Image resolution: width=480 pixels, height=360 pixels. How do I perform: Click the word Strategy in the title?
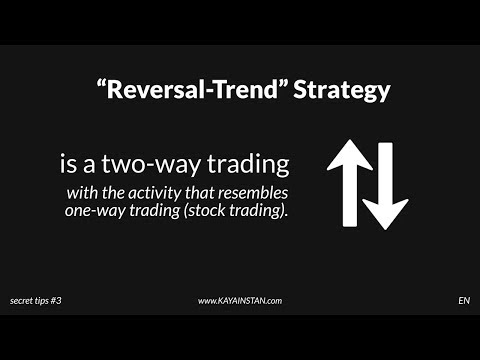click(344, 90)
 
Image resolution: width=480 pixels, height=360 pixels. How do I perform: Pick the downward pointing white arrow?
click(386, 185)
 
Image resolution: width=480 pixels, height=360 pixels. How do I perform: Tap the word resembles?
click(247, 191)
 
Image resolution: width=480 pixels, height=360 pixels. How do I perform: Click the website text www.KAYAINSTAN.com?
click(239, 300)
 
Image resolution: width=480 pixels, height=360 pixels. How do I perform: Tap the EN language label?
click(464, 300)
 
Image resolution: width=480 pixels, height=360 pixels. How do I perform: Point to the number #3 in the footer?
click(67, 300)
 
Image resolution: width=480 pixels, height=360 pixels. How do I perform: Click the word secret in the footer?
click(23, 300)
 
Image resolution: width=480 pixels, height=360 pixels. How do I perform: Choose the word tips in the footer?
click(49, 300)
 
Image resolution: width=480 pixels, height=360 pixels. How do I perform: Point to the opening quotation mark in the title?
click(101, 84)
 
